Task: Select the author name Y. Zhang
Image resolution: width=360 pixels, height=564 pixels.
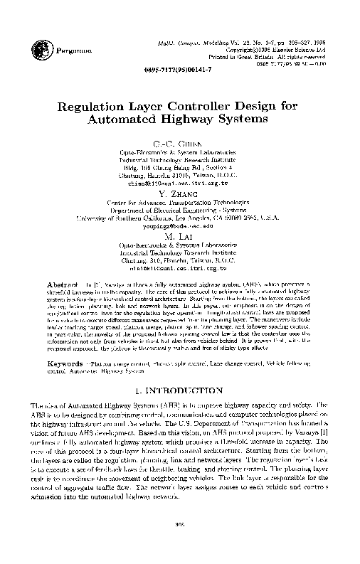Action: pyautogui.click(x=180, y=194)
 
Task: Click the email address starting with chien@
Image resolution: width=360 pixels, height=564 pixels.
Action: pyautogui.click(x=180, y=183)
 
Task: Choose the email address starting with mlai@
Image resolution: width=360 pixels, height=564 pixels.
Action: pyautogui.click(x=180, y=270)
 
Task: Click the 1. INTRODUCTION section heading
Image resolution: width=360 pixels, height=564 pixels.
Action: pyautogui.click(x=180, y=390)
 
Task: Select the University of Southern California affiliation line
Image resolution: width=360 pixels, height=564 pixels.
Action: pyautogui.click(x=180, y=218)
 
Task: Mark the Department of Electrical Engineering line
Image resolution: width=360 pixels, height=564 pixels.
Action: pyautogui.click(x=180, y=211)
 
